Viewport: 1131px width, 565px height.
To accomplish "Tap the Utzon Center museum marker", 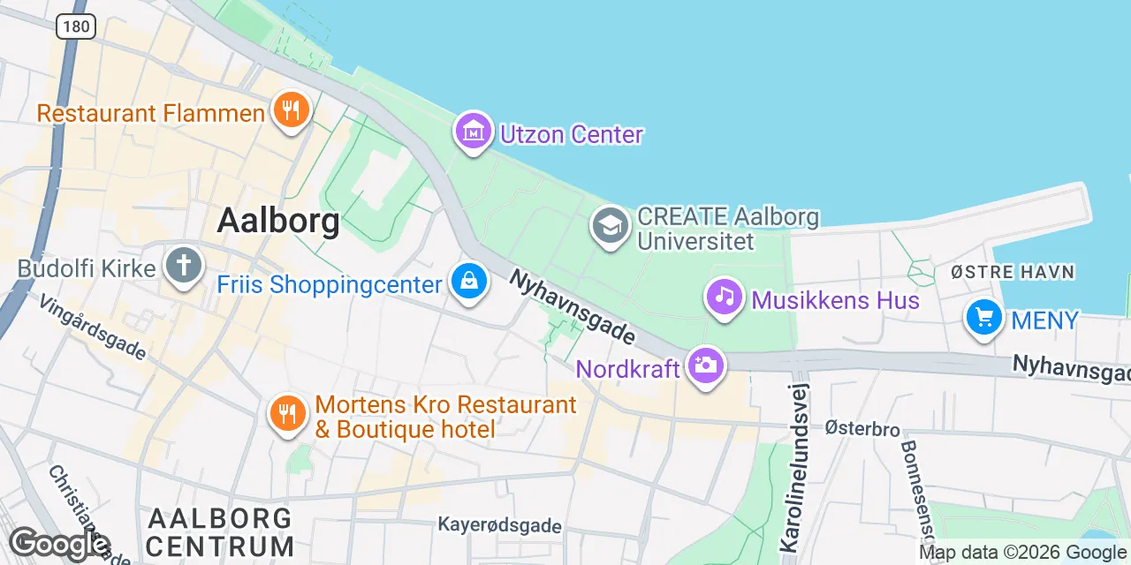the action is click(x=473, y=132).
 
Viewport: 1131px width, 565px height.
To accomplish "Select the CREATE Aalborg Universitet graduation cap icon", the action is click(x=611, y=227).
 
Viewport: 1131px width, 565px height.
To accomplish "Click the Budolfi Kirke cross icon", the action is click(x=184, y=267).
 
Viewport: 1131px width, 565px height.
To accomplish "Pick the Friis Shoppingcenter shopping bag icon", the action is click(x=469, y=282).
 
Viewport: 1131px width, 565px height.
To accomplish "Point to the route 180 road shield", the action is click(x=76, y=26).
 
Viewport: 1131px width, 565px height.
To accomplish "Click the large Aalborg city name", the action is click(x=278, y=221).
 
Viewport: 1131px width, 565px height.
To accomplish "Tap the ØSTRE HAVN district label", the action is click(x=1013, y=272).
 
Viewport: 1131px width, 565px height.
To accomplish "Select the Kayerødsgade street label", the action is click(x=500, y=526).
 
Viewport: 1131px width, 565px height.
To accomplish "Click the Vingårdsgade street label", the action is click(x=93, y=327).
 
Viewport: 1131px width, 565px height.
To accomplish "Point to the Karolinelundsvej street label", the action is click(x=794, y=468).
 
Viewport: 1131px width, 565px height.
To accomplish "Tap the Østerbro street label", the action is click(x=862, y=430).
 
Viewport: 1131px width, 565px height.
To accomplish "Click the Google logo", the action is click(x=58, y=544).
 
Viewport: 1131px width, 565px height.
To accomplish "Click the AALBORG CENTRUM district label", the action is click(x=221, y=531).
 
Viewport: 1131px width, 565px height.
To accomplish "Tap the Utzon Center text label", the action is click(x=572, y=135).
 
